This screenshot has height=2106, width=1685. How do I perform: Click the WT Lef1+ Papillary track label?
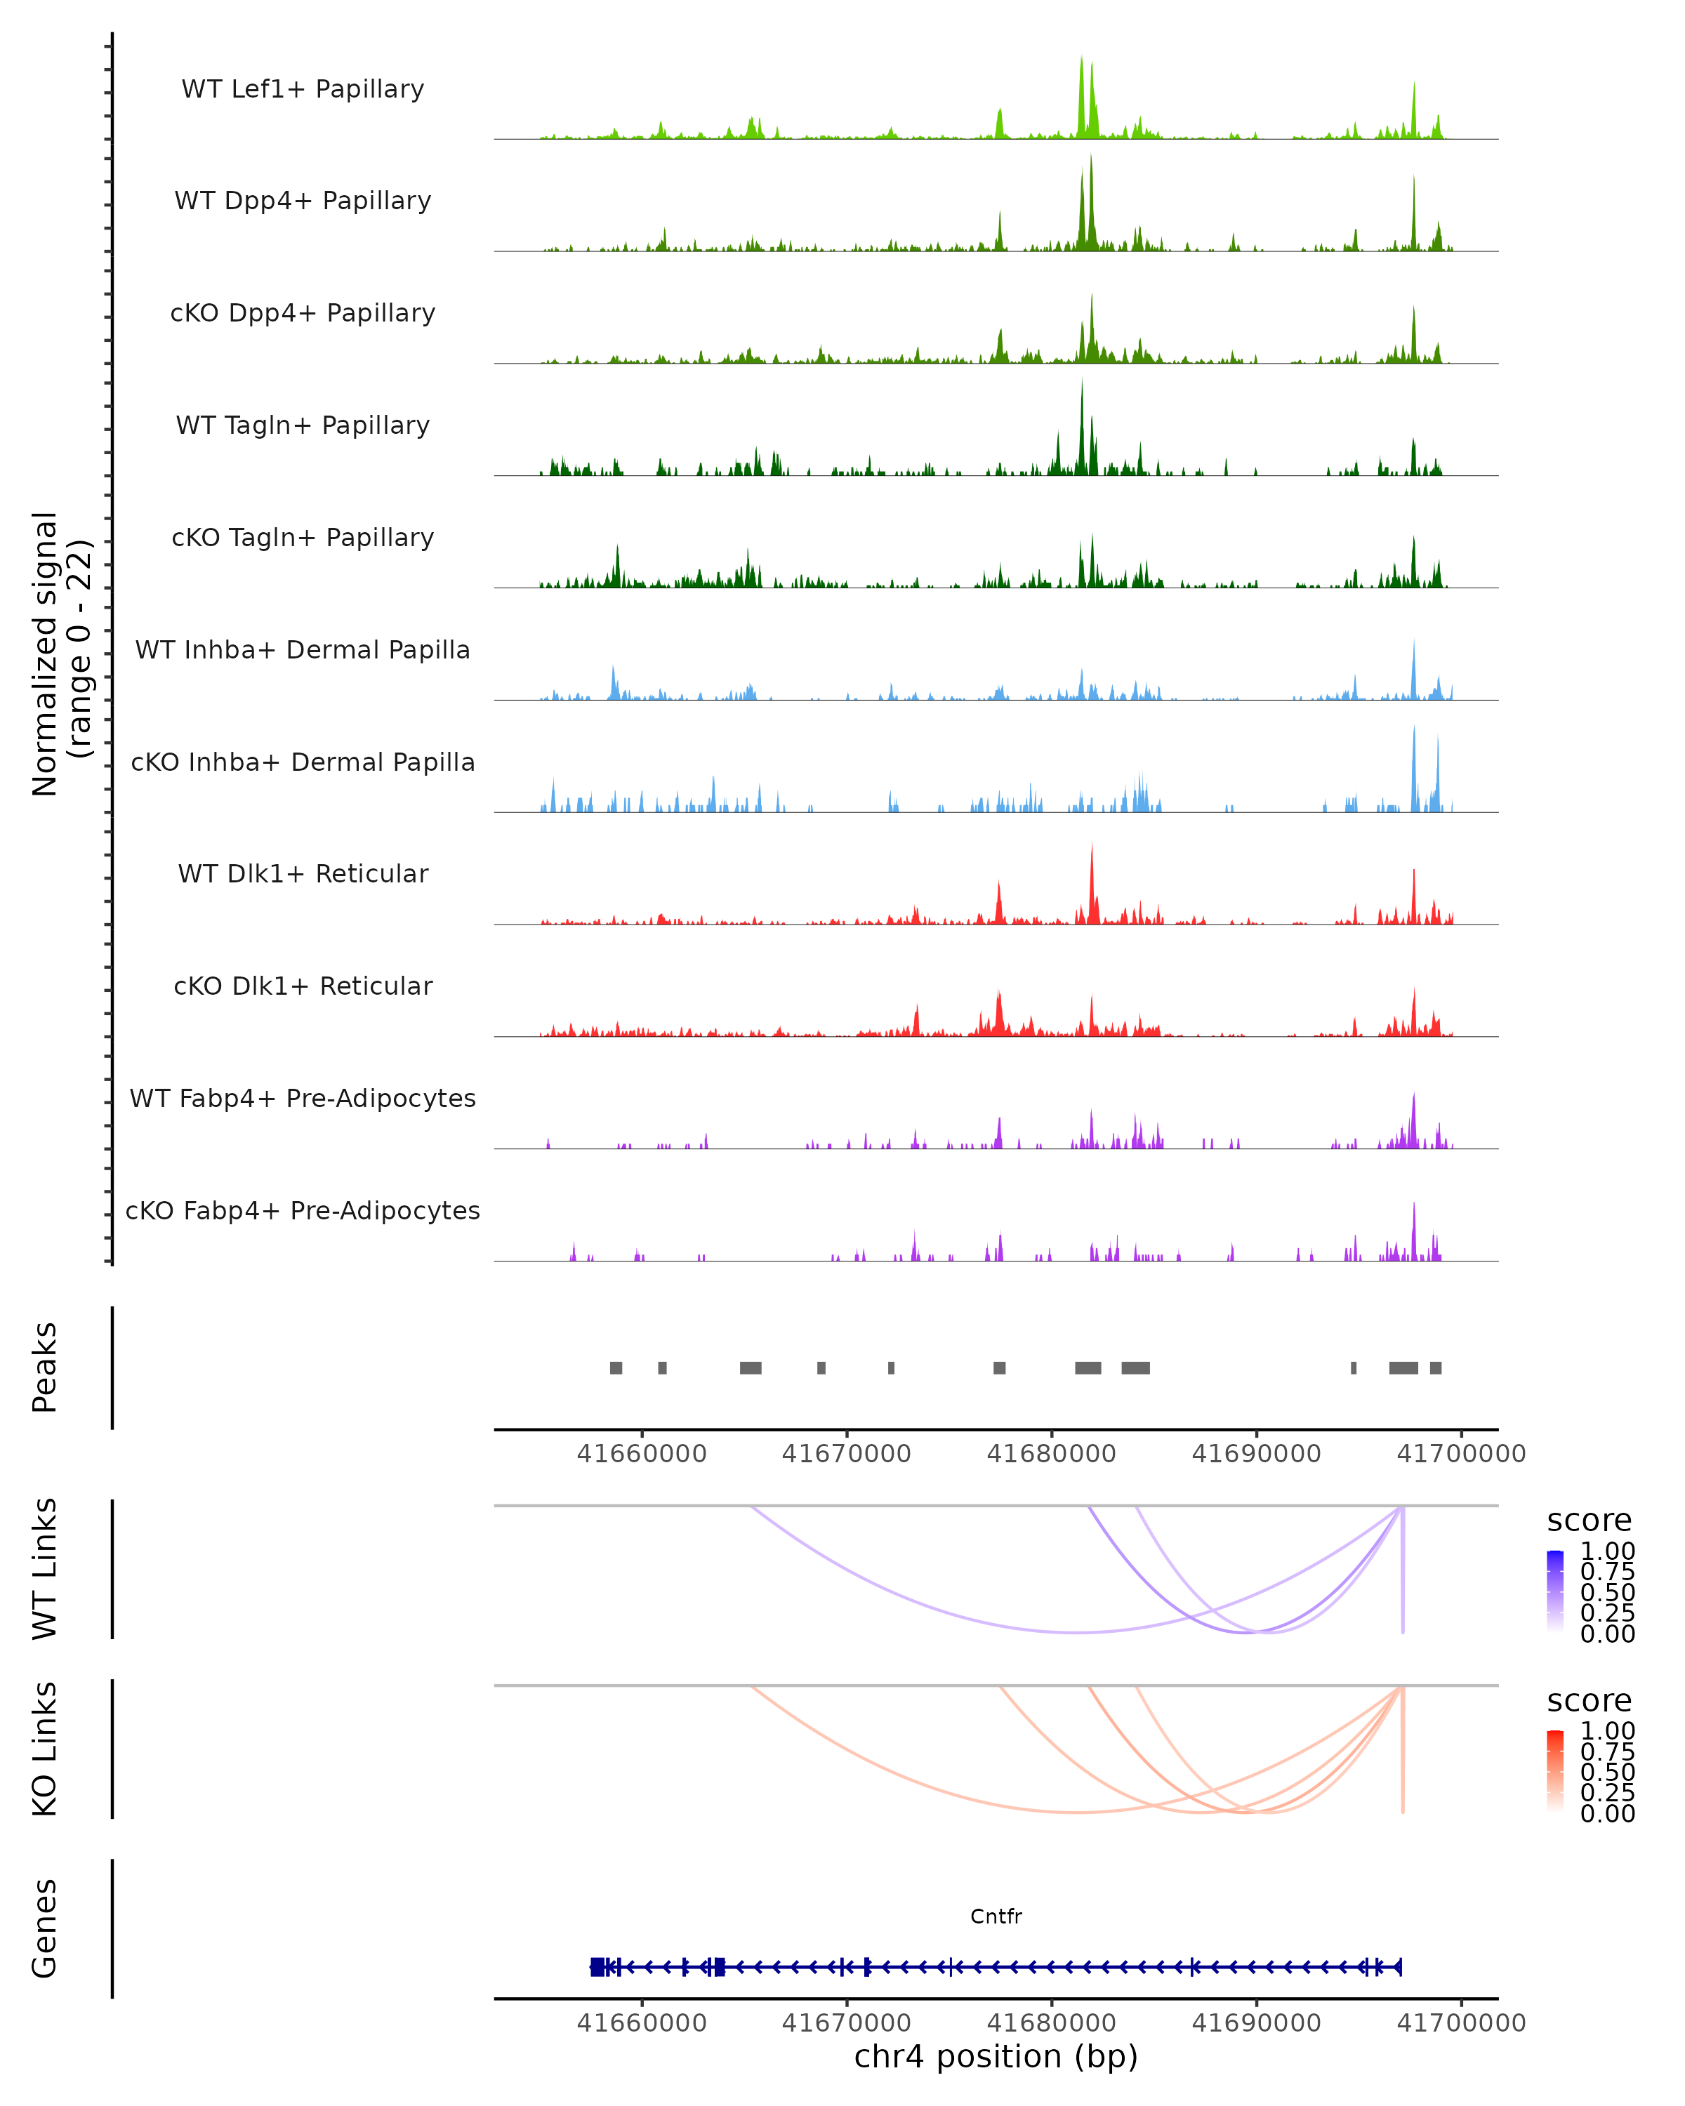[x=303, y=89]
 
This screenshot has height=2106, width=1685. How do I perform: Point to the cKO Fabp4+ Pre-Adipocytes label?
[x=303, y=1210]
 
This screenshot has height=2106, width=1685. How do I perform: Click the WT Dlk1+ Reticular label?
[x=303, y=873]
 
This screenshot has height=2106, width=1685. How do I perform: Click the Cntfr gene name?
[x=996, y=1916]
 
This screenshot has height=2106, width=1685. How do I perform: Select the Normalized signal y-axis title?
[x=60, y=654]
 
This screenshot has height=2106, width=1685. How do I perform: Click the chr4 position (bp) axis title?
[x=996, y=2056]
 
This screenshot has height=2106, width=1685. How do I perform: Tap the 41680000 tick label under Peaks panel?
[x=1051, y=1454]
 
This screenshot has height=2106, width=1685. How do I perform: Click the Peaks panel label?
[x=45, y=1367]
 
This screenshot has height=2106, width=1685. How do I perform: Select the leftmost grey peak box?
[x=616, y=1367]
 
